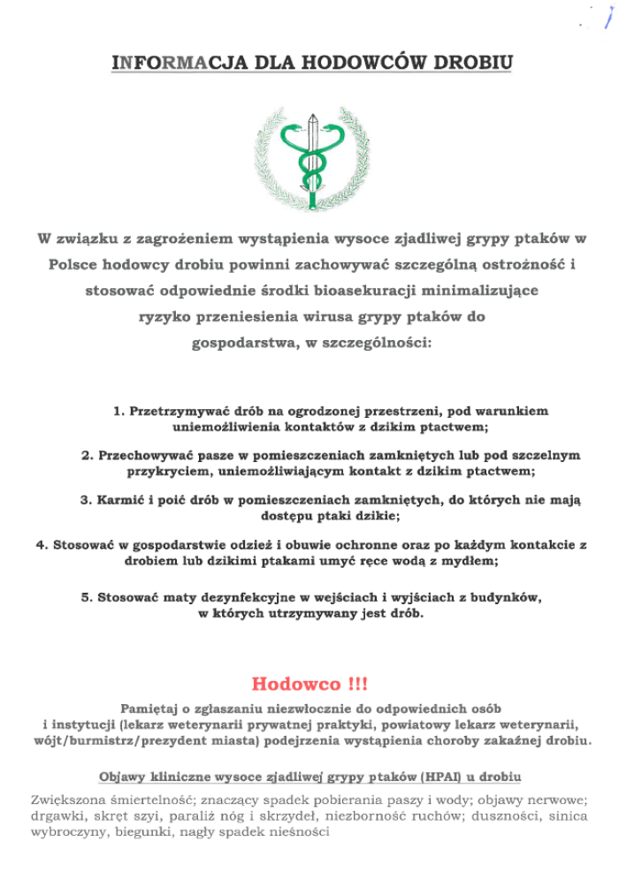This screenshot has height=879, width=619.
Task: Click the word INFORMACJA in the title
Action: tap(168, 63)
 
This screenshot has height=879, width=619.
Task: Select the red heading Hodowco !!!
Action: tap(309, 684)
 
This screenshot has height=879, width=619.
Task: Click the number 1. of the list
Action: tap(118, 412)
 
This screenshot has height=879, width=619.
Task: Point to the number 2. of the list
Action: tap(87, 456)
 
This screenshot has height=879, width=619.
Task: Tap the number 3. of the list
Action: tap(87, 500)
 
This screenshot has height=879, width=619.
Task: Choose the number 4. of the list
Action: tap(42, 545)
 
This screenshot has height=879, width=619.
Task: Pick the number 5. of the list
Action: tap(87, 598)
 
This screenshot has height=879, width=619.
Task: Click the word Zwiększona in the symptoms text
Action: tap(67, 800)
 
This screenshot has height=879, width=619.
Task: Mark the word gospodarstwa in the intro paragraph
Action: tap(239, 342)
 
